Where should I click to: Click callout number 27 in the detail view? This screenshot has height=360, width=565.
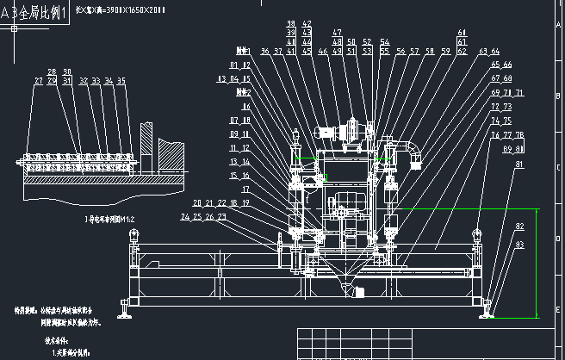[38, 81]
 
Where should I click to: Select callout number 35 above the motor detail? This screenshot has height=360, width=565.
[121, 81]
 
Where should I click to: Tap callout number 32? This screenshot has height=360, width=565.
[84, 81]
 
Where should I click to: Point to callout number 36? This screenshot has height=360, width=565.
[265, 52]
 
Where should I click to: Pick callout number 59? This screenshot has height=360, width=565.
[446, 52]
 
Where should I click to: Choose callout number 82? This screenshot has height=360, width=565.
[519, 227]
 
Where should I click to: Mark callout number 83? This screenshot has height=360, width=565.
[519, 245]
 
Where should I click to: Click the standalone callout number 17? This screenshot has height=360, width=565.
[246, 189]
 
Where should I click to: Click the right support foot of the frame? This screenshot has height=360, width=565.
[487, 307]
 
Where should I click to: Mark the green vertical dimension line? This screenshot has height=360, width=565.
[539, 263]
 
